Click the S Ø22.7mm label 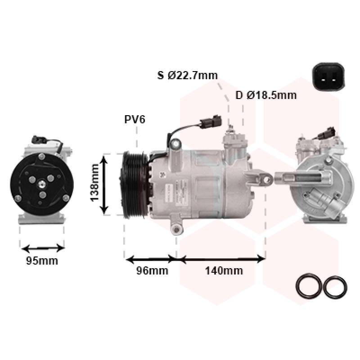click(187, 75)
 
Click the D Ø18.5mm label click(266, 95)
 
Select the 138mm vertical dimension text click(94, 184)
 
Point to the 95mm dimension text click(42, 261)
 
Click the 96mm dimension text click(152, 270)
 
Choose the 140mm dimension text click(224, 270)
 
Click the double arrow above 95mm click(43, 248)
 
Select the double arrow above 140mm click(221, 259)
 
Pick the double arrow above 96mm click(150, 259)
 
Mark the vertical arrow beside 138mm click(104, 184)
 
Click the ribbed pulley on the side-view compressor click(134, 185)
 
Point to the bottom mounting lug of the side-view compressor click(176, 227)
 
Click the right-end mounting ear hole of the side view click(267, 180)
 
